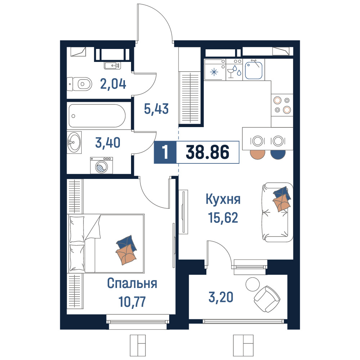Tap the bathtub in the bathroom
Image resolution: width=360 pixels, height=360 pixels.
[x=97, y=116]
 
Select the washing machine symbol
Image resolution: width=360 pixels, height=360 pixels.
[x=102, y=165]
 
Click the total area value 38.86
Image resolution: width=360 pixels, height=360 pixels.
[x=208, y=152]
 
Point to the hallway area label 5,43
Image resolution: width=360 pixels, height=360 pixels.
[x=156, y=109]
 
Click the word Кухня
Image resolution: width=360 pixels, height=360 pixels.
[x=223, y=199]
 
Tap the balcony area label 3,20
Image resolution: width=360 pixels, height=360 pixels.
[x=221, y=297]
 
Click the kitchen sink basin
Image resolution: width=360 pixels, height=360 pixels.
[x=254, y=70]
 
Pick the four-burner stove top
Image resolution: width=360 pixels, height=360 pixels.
[x=282, y=105]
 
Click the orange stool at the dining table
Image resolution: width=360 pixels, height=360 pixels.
[x=258, y=154]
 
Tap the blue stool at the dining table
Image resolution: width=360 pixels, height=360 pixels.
[x=278, y=154]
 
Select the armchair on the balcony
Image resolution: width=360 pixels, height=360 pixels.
[x=267, y=299]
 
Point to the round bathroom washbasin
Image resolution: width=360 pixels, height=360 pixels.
[x=74, y=142]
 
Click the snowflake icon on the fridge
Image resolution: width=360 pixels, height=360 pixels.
[x=214, y=72]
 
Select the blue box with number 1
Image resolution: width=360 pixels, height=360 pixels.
[x=165, y=152]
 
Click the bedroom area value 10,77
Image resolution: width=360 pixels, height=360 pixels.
[x=132, y=301]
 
